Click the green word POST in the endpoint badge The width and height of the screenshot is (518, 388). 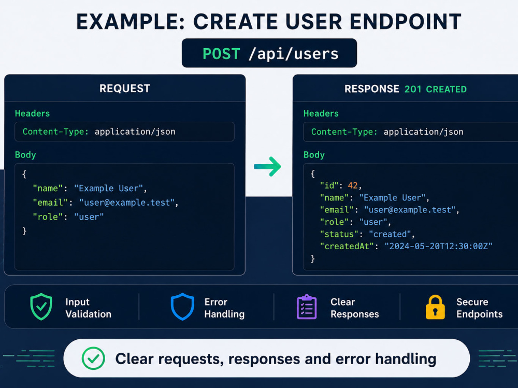[x=221, y=53]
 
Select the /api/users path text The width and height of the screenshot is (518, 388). [x=293, y=54]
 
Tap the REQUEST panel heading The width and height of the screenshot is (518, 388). [x=125, y=88]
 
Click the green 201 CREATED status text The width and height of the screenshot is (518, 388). [x=436, y=89]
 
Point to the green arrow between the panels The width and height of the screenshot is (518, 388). [x=267, y=166]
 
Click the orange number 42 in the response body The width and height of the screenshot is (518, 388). [x=352, y=185]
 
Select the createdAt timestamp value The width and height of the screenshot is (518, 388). [x=438, y=246]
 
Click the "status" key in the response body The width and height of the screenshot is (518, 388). [x=339, y=234]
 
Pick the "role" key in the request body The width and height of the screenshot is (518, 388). [x=48, y=217]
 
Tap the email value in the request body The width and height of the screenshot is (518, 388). [x=126, y=202]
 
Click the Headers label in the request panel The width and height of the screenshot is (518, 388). [x=32, y=113]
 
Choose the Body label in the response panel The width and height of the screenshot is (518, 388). [x=314, y=155]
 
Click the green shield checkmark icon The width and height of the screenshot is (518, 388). [x=41, y=307]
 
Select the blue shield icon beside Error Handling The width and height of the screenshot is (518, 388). [x=182, y=307]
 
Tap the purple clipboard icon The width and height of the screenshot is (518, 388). [x=307, y=307]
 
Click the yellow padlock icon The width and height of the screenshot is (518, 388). [x=435, y=307]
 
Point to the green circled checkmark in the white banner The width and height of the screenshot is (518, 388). [x=93, y=358]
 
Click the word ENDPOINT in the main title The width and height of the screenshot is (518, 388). [x=406, y=22]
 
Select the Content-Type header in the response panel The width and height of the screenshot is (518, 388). [x=387, y=132]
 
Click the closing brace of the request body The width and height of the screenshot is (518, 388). [x=24, y=231]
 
